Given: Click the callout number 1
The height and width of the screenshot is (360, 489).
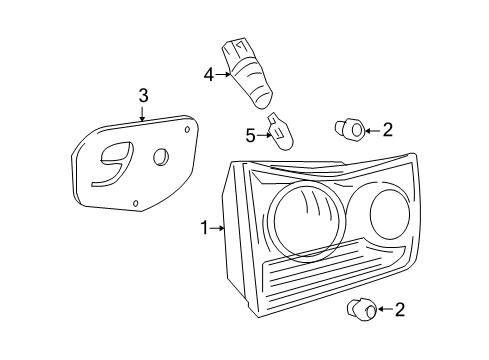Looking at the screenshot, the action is [205, 228].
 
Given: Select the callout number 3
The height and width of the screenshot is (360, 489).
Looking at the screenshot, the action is [143, 96].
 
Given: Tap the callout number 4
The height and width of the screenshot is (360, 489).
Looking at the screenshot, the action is [209, 75].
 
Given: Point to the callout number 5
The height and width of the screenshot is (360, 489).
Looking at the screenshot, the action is [250, 136].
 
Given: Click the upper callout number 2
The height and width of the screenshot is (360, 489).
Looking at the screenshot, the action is [388, 130].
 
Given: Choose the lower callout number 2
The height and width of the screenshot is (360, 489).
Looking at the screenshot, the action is [400, 310].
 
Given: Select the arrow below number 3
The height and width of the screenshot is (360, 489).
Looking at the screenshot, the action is [142, 114].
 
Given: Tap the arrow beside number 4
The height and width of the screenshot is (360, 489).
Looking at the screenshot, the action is [223, 75].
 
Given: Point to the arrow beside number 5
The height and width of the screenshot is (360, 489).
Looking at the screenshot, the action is [264, 135].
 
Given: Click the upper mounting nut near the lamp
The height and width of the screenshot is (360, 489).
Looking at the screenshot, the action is [350, 129].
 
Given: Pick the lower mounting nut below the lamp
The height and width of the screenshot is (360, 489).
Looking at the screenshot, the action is [362, 310].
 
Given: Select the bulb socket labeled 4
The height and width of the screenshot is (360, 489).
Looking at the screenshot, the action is [247, 73].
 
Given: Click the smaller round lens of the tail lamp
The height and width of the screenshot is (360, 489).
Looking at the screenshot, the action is [390, 214].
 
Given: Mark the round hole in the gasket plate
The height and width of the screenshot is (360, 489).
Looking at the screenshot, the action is [161, 156].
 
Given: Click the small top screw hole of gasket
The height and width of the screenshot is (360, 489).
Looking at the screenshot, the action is [187, 129].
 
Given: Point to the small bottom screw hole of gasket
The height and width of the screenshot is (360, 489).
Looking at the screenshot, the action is [135, 203].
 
